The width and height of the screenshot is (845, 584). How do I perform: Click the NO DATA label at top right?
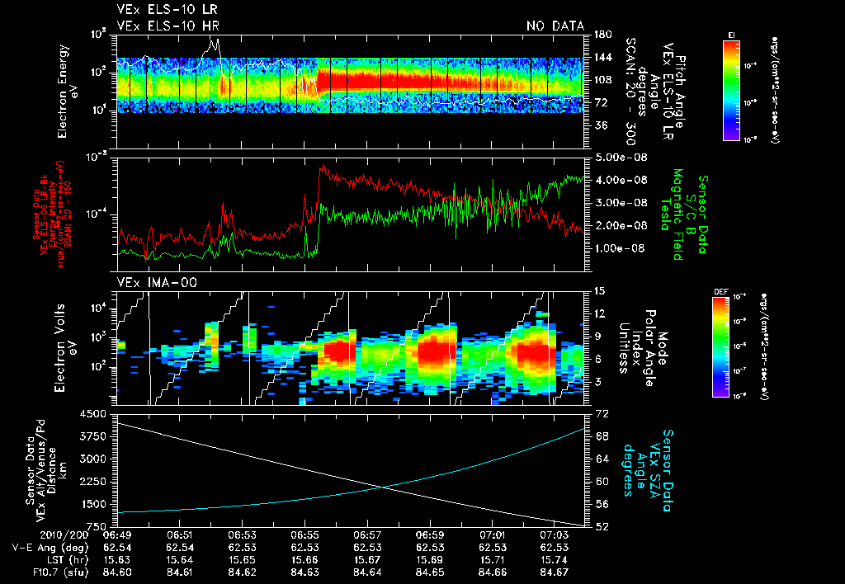tap(555, 26)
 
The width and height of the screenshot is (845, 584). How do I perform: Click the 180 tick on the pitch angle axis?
tap(601, 34)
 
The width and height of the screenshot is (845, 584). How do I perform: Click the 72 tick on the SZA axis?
tap(602, 412)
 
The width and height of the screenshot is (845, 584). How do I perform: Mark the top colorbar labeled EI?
tap(731, 89)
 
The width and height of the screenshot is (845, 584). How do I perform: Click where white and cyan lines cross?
tap(383, 487)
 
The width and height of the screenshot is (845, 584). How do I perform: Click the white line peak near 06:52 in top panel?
tap(215, 39)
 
